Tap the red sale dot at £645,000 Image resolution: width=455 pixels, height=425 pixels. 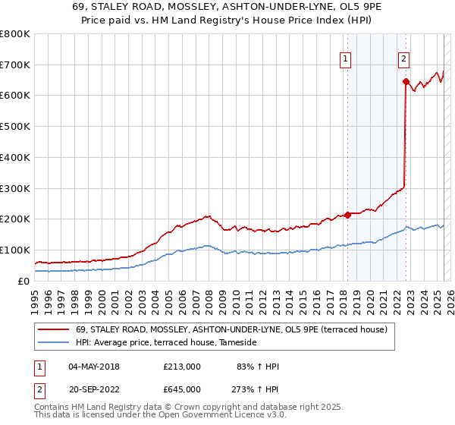click(406, 81)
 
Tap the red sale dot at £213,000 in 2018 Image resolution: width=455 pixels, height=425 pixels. click(347, 215)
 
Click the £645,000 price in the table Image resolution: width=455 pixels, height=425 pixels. click(182, 389)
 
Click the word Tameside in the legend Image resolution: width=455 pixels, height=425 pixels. click(238, 343)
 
